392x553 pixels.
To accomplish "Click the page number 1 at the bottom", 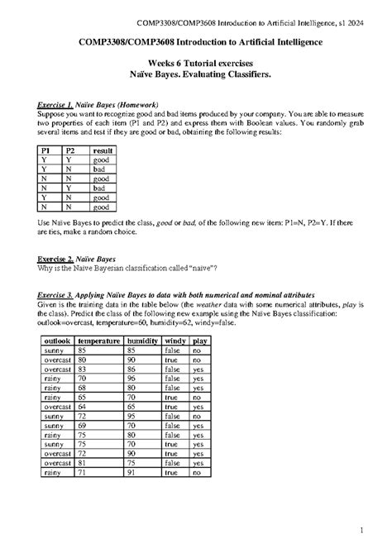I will click(x=374, y=529).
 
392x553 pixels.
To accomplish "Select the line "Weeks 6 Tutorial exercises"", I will click(x=195, y=63).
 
